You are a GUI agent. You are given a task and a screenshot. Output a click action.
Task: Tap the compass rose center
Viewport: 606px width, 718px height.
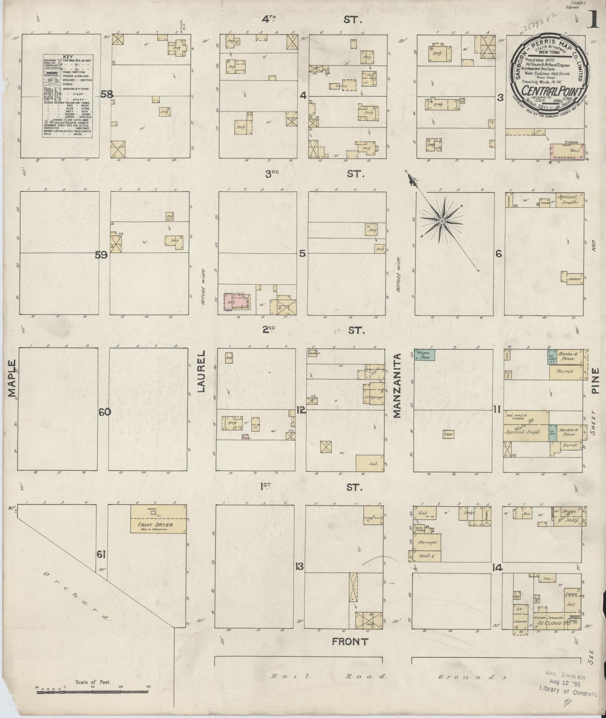click(x=442, y=221)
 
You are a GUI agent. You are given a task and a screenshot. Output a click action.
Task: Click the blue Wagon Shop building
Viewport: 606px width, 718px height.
click(x=425, y=355)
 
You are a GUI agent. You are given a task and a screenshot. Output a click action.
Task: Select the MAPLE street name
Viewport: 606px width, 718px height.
click(x=12, y=378)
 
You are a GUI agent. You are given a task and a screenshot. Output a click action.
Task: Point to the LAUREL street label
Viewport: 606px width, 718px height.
click(x=202, y=372)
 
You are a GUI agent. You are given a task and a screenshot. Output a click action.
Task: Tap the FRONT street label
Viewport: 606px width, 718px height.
click(x=350, y=642)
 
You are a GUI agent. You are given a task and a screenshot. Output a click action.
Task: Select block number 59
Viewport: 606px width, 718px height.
click(x=101, y=255)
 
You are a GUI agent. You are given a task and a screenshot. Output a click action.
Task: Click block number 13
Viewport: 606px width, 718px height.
click(x=299, y=566)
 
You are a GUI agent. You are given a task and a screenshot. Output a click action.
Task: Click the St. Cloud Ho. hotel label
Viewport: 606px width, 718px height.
click(x=550, y=623)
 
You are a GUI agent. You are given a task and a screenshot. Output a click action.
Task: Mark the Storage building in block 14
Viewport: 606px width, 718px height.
click(x=426, y=542)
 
